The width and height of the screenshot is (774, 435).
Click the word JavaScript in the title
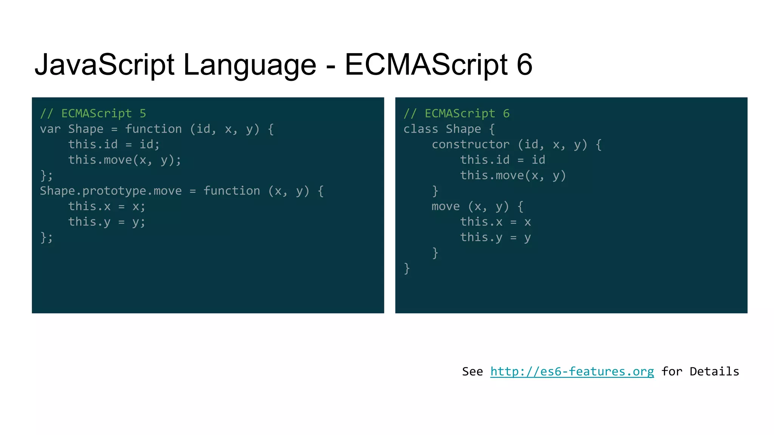click(104, 65)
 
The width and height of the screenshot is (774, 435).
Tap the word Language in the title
click(249, 65)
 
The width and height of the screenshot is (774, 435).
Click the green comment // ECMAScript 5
click(93, 113)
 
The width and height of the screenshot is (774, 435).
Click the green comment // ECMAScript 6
click(457, 113)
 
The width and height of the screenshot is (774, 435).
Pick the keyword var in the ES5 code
click(50, 129)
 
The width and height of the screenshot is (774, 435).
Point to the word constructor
click(471, 145)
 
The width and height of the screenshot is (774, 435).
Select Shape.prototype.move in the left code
click(111, 191)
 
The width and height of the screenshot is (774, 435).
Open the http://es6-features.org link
click(572, 372)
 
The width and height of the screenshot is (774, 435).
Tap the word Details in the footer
click(714, 372)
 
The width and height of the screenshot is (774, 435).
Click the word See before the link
click(472, 372)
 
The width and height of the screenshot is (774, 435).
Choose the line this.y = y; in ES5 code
click(107, 222)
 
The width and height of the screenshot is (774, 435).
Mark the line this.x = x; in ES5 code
click(107, 207)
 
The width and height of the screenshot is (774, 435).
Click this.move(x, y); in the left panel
click(125, 160)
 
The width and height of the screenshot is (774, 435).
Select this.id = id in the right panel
click(503, 160)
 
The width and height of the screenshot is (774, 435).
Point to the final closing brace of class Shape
click(407, 268)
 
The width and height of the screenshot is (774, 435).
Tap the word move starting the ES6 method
click(446, 207)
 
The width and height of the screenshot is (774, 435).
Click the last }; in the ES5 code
click(46, 238)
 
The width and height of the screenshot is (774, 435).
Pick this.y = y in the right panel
click(495, 238)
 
